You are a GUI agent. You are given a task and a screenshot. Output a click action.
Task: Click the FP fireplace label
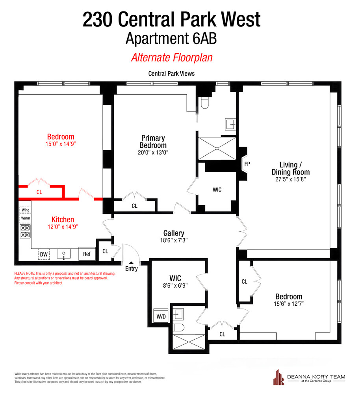click(247, 164)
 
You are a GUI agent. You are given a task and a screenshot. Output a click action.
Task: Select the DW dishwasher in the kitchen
click(44, 255)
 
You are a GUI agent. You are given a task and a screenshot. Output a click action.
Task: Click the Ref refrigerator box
click(87, 254)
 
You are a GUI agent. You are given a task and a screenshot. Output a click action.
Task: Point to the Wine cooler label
click(25, 210)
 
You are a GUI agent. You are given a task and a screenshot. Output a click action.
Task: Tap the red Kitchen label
click(63, 219)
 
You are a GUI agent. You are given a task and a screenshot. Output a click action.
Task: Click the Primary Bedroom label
click(153, 141)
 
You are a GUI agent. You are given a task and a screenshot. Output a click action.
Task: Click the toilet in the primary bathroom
click(204, 103)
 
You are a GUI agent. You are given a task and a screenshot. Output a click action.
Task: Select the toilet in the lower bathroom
click(179, 328)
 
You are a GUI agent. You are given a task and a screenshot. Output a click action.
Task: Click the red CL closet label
click(39, 192)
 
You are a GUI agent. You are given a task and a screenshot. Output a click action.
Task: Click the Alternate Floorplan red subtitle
click(172, 58)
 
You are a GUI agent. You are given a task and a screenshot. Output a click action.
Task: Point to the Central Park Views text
click(171, 73)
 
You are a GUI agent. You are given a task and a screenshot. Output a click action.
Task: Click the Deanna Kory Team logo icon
click(279, 378)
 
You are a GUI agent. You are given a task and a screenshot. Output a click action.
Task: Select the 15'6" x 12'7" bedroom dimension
click(289, 304)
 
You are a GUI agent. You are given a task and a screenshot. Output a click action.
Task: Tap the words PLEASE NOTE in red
click(24, 273)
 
